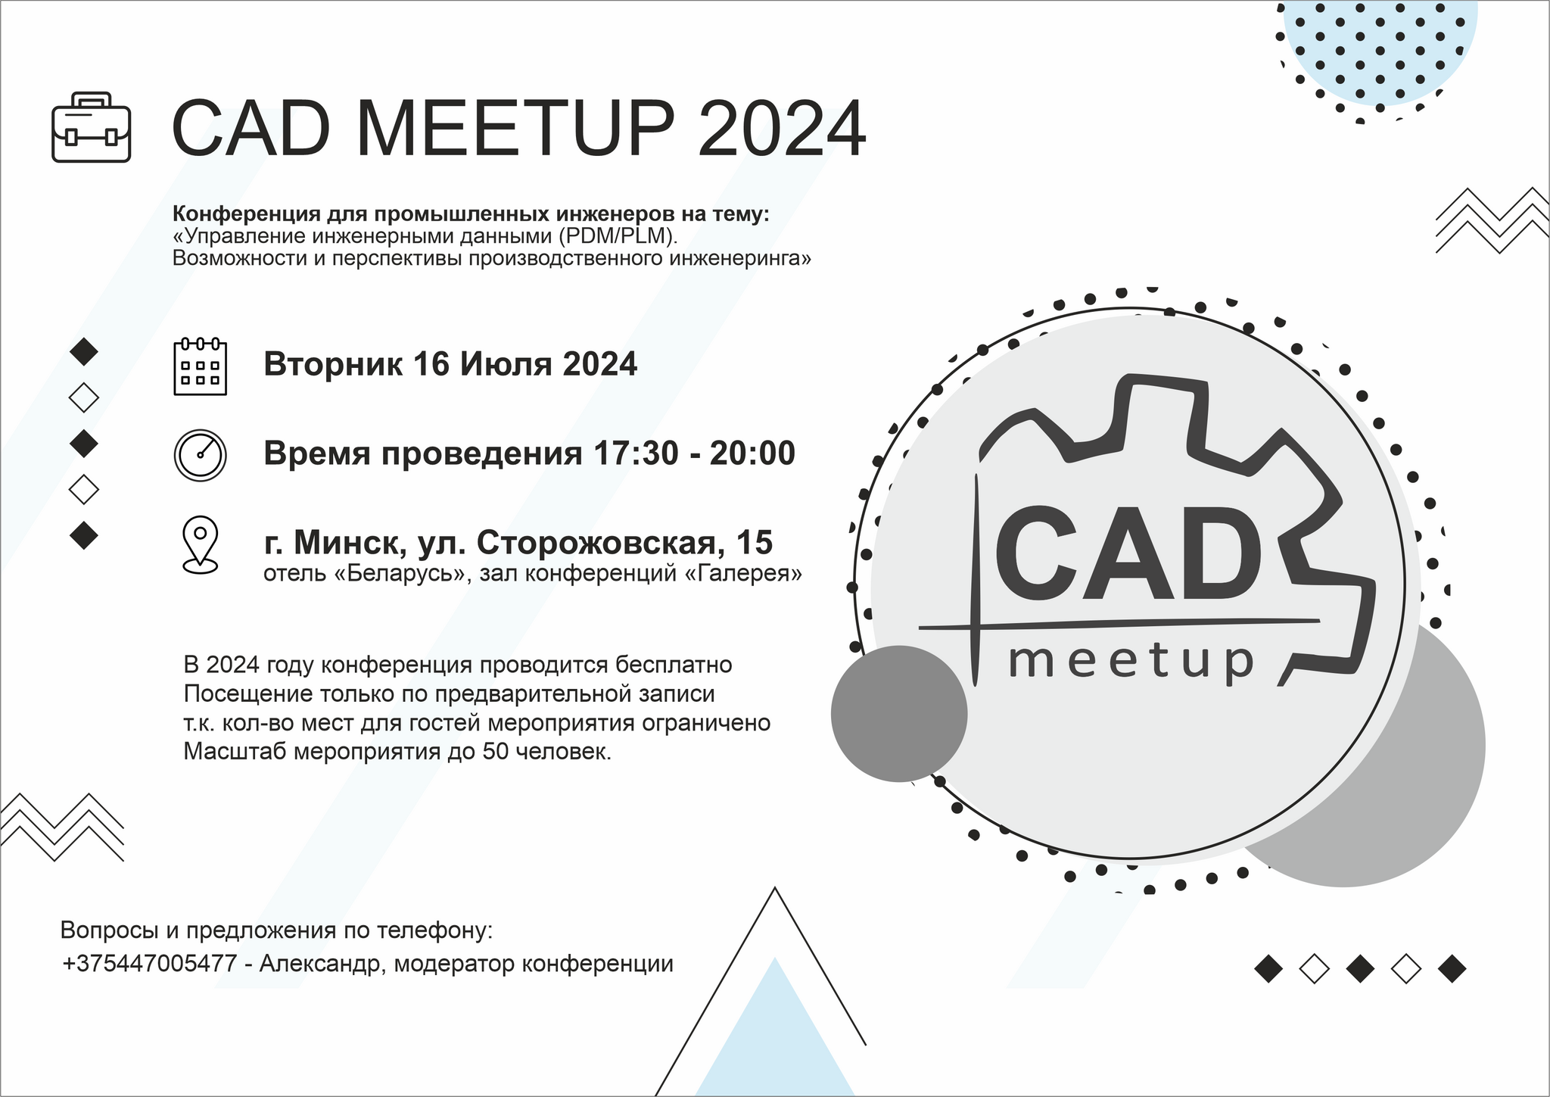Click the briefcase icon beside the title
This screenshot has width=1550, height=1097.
(x=92, y=127)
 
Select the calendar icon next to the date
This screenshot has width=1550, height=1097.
(x=201, y=367)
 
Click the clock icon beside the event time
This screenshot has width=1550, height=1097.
(x=201, y=455)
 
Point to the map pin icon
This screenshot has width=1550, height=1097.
(x=201, y=544)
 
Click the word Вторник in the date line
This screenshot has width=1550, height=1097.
(x=333, y=365)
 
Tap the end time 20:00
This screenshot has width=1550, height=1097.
(x=752, y=453)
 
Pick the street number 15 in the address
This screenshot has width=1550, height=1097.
(x=754, y=543)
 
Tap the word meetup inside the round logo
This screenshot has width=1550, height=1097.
(x=1131, y=661)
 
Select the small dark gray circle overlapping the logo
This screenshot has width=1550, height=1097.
(x=899, y=713)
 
